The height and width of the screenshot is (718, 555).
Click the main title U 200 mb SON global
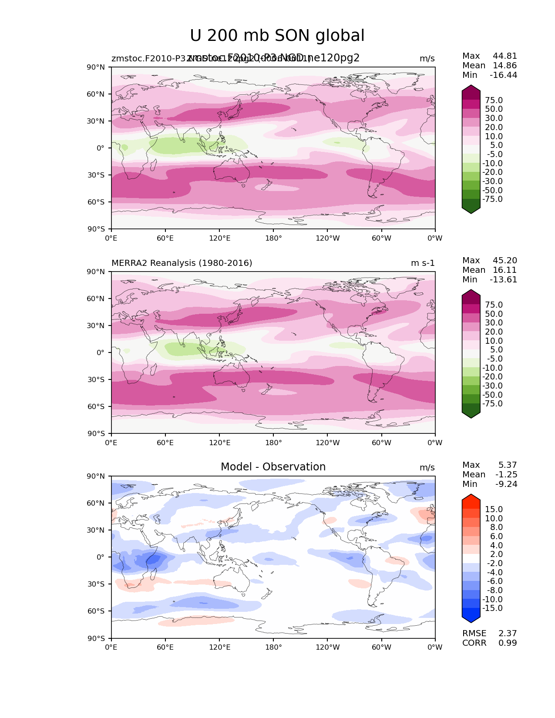point(277,36)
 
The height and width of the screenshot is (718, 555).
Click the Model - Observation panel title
point(273,467)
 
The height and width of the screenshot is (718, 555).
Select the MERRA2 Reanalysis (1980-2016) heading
point(182,263)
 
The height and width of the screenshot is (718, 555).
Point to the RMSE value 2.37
point(508,634)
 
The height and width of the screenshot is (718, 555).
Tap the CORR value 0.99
point(508,643)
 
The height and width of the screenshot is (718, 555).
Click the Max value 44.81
point(505,56)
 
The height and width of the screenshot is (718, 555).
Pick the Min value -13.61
point(503,280)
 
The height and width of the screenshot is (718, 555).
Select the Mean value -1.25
point(506,475)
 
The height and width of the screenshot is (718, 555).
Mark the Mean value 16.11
point(505,270)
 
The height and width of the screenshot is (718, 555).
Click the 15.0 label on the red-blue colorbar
point(494,510)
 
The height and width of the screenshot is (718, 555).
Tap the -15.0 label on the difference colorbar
point(492,608)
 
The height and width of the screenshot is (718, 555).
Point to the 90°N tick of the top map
point(96,67)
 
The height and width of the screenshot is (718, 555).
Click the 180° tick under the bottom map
point(273,648)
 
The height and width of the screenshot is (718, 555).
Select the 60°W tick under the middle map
point(381,443)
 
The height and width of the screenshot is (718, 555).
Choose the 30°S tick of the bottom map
point(96,584)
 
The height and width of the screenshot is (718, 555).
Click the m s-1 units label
point(423,263)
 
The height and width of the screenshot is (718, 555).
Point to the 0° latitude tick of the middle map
point(101,352)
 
